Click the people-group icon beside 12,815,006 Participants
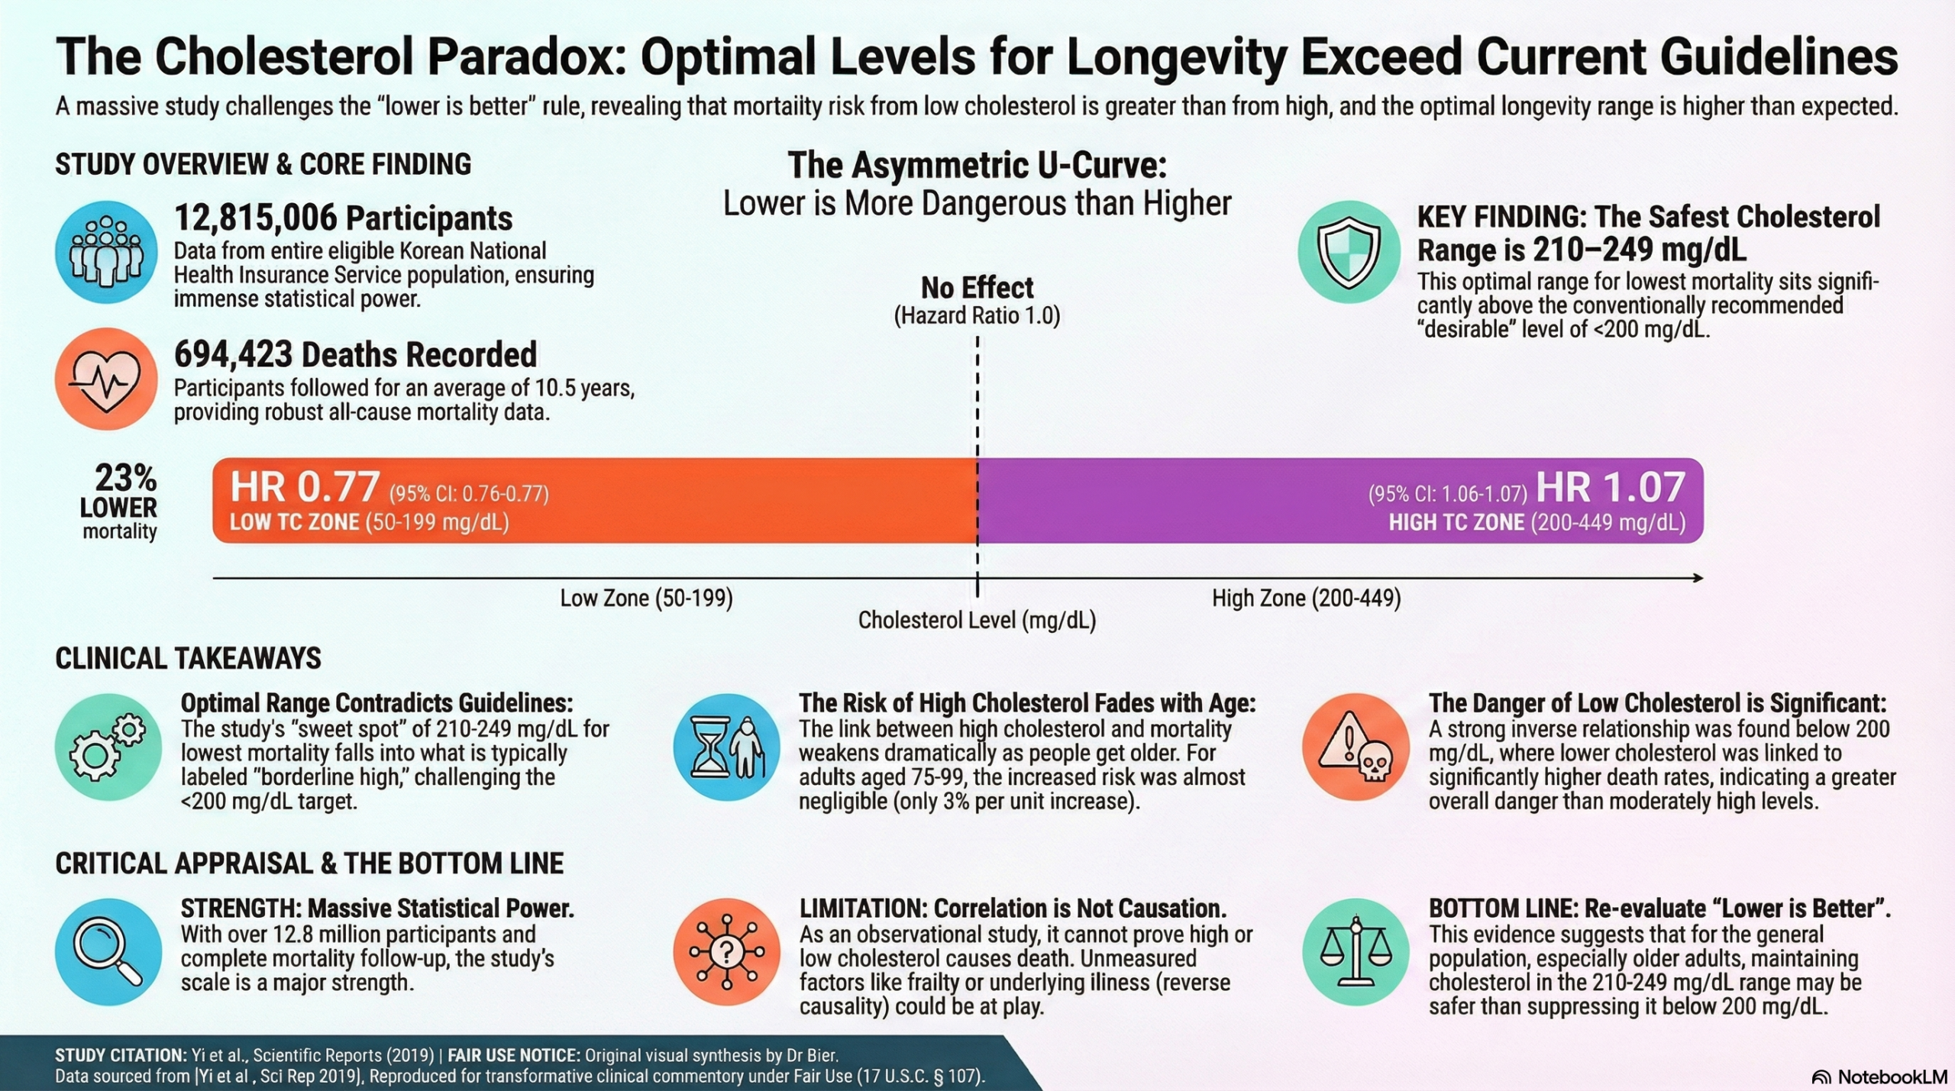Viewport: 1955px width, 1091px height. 106,252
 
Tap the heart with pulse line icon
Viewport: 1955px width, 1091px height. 106,379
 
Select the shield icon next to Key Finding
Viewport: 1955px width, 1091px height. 1349,252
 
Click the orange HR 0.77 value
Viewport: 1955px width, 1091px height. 305,487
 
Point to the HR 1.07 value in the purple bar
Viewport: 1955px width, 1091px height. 1610,487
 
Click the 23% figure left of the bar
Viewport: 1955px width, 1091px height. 125,479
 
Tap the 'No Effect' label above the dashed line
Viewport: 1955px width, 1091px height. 977,288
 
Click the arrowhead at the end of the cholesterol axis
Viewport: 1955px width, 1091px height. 1698,578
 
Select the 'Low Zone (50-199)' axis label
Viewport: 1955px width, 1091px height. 646,598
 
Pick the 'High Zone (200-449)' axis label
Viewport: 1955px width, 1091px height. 1306,598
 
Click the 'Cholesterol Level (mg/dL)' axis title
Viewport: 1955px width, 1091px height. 977,620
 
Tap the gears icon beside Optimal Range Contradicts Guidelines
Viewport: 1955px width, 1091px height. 108,747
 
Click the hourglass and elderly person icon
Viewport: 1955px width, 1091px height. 726,747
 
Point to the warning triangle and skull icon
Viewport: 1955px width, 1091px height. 1356,747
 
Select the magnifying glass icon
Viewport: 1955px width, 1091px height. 108,952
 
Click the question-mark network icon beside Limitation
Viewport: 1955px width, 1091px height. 726,952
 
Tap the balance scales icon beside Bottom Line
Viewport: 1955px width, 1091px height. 1356,952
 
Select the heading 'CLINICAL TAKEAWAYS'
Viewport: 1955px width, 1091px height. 188,658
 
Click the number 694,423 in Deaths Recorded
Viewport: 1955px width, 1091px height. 233,354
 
